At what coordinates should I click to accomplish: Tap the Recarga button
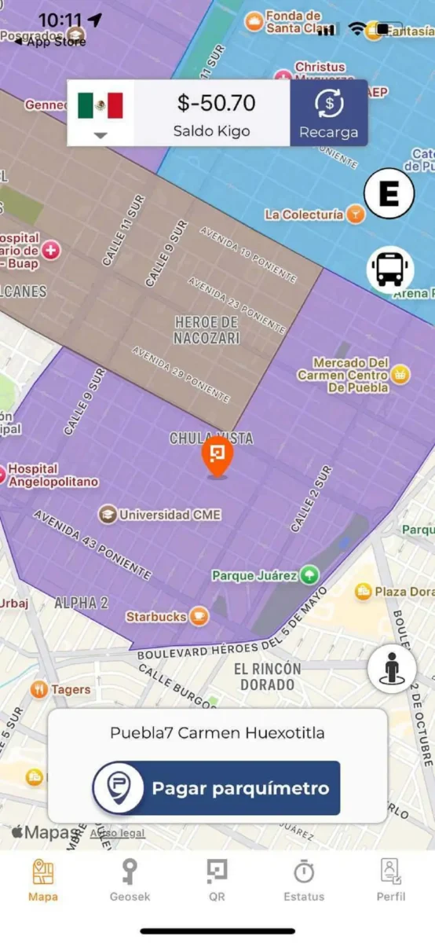click(x=328, y=113)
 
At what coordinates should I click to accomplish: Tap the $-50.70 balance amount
click(x=216, y=104)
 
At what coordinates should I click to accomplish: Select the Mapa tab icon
click(x=43, y=872)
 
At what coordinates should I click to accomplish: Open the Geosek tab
click(x=130, y=872)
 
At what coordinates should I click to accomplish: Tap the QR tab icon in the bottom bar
click(x=217, y=872)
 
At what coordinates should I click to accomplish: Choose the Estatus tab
click(x=304, y=872)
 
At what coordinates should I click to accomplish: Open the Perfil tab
click(x=390, y=872)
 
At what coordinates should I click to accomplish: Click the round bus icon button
click(x=390, y=270)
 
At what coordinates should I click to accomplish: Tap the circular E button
click(x=389, y=194)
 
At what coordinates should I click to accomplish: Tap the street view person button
click(x=392, y=669)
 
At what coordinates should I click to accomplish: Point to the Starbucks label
click(x=157, y=617)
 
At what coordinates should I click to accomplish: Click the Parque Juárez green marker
click(x=309, y=575)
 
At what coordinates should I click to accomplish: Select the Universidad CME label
click(x=170, y=515)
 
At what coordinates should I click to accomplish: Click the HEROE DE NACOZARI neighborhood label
click(x=207, y=330)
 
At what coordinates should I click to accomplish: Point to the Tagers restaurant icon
click(x=39, y=690)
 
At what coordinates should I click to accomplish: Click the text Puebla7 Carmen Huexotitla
click(x=217, y=733)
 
